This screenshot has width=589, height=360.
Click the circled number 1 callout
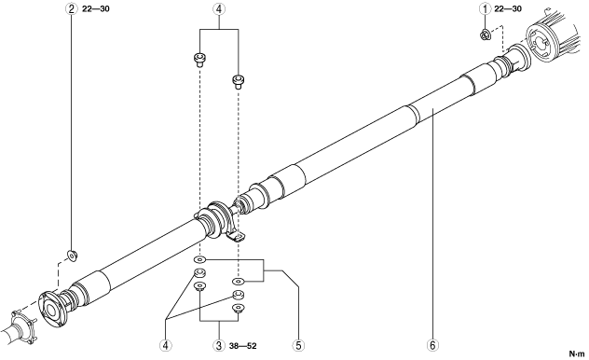tap(485, 8)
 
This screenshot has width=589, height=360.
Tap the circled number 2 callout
tap(72, 8)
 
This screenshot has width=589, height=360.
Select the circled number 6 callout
tap(432, 345)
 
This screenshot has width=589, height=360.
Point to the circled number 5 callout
tap(298, 345)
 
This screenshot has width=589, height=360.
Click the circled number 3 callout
tap(219, 345)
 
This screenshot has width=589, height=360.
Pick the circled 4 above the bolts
tap(219, 8)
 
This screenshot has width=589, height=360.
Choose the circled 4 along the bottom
tap(165, 345)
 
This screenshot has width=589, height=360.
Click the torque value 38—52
tap(242, 346)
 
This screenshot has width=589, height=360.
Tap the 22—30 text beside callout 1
tap(508, 8)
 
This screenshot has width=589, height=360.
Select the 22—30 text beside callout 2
tap(96, 8)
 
